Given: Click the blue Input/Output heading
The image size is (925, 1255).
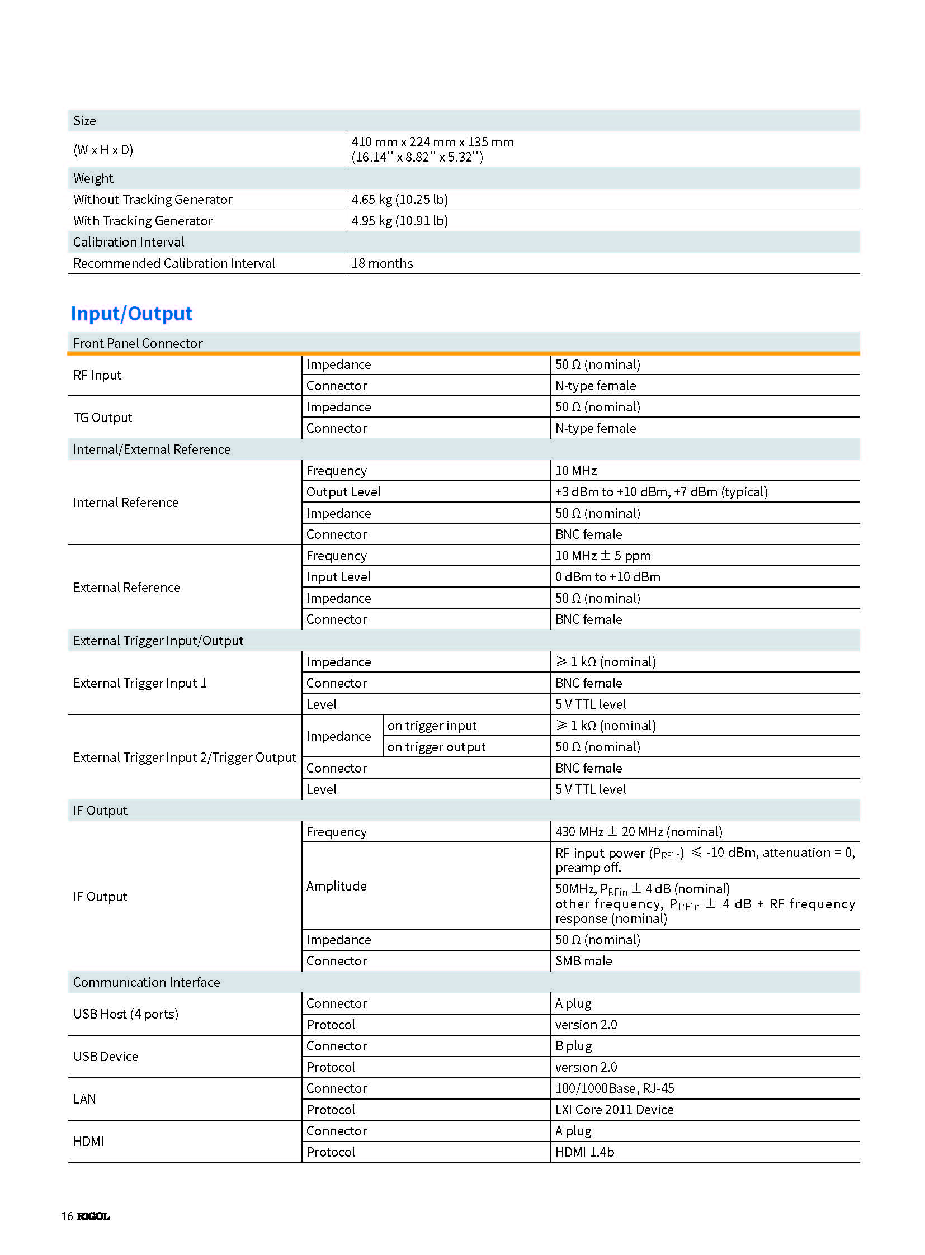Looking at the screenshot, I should coord(131,314).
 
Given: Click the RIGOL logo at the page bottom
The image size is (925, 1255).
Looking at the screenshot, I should coord(93,1216).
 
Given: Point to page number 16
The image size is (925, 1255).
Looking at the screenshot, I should coord(67,1216).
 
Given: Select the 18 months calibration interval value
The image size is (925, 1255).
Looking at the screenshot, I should coord(382,263).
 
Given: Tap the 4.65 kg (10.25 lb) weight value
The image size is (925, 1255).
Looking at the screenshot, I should coord(399,199).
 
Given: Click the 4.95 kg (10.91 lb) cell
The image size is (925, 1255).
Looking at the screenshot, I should coord(399,221).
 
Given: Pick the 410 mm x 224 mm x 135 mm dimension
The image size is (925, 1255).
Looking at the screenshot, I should coord(432,142).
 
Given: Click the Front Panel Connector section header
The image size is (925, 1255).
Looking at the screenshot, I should coord(138,343).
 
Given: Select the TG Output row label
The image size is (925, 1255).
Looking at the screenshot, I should coord(103,418).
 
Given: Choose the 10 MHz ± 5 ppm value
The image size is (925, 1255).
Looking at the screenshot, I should coord(602,555).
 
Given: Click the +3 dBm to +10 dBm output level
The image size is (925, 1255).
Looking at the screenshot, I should coord(660,492).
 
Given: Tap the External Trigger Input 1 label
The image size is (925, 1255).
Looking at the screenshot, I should coord(140,683).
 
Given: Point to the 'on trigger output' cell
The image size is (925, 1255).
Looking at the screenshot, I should coord(436,747).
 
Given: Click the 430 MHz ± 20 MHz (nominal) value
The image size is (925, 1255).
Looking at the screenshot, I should coord(638,832).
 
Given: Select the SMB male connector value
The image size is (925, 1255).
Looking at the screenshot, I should coord(583,960).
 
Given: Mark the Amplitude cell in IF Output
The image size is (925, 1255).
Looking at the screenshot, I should coord(337,885).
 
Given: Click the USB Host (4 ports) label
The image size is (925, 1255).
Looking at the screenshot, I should coord(126,1014).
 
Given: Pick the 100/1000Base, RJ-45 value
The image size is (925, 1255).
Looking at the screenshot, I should coord(614,1088).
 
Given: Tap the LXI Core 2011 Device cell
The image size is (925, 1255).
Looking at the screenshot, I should coord(613,1110).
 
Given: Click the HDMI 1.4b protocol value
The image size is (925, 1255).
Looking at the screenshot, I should coord(584,1152).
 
